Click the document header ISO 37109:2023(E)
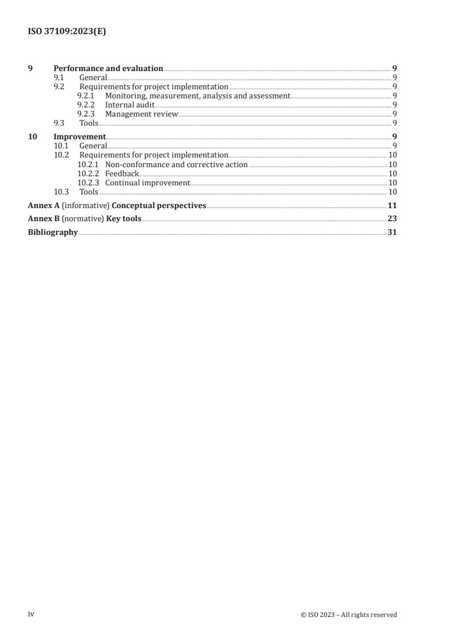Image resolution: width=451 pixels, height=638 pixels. (67, 32)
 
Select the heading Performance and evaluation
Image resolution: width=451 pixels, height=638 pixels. (108, 68)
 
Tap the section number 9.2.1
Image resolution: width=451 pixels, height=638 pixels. (86, 96)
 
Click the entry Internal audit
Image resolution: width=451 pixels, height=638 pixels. (130, 105)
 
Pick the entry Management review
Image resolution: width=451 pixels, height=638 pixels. (142, 114)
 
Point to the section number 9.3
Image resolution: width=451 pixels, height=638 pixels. (59, 123)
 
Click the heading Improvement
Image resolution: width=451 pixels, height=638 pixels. (80, 136)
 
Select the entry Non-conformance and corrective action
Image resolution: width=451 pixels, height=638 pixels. (176, 164)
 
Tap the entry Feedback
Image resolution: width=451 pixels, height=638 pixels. (122, 173)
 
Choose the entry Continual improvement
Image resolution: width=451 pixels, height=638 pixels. (147, 183)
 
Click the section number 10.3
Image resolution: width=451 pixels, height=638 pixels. (61, 192)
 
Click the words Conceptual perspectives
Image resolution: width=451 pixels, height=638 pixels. (159, 205)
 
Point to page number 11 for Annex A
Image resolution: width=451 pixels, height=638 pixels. (392, 205)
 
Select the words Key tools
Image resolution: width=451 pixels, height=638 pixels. (124, 218)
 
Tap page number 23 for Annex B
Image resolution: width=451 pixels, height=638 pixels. (392, 218)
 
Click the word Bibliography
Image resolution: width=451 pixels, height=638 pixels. (53, 232)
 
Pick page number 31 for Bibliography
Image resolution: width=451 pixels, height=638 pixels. (392, 232)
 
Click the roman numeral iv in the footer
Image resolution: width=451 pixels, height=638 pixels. (31, 614)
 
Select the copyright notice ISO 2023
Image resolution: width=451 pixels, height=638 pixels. (349, 615)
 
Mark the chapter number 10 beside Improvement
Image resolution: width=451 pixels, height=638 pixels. (32, 136)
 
